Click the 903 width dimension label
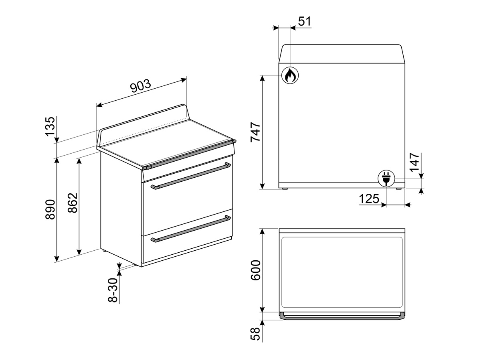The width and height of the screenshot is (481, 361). pyautogui.click(x=140, y=86)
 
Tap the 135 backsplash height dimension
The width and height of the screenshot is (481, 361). pyautogui.click(x=50, y=126)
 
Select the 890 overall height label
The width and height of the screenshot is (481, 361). pyautogui.click(x=50, y=209)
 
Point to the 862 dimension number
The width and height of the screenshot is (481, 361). pyautogui.click(x=73, y=203)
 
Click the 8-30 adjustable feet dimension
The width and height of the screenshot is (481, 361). pyautogui.click(x=113, y=290)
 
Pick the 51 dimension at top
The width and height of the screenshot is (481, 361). pyautogui.click(x=304, y=21)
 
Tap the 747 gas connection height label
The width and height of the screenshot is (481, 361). pyautogui.click(x=255, y=132)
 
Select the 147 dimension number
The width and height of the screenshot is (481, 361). pyautogui.click(x=414, y=162)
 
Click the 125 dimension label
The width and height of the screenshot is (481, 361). pyautogui.click(x=369, y=199)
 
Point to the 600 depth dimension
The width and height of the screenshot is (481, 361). pyautogui.click(x=255, y=270)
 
